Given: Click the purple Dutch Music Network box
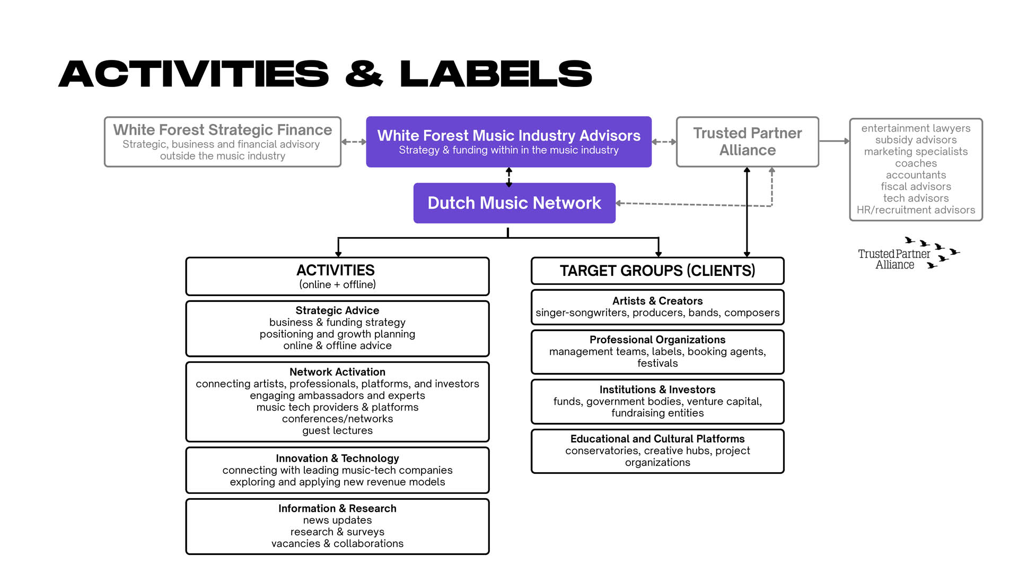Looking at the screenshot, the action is pyautogui.click(x=514, y=203).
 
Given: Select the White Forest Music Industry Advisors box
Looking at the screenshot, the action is pyautogui.click(x=508, y=142).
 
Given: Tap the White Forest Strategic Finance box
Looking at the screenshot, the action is pyautogui.click(x=223, y=142).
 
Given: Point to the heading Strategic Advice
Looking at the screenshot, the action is pyautogui.click(x=337, y=310).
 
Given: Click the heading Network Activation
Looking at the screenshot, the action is pyautogui.click(x=337, y=372).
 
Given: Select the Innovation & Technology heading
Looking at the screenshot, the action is pyautogui.click(x=337, y=458).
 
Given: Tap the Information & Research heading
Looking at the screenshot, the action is pyautogui.click(x=337, y=508).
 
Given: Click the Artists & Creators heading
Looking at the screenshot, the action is pyautogui.click(x=657, y=301).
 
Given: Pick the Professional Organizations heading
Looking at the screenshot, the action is pyautogui.click(x=657, y=340).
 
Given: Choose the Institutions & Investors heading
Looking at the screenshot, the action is pyautogui.click(x=657, y=389).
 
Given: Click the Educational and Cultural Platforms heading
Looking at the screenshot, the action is pyautogui.click(x=657, y=439).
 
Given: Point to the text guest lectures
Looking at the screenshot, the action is pyautogui.click(x=337, y=431).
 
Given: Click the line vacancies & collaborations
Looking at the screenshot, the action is pyautogui.click(x=337, y=544).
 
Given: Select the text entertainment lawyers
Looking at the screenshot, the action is pyautogui.click(x=916, y=128).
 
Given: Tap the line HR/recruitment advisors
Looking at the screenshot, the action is pyautogui.click(x=916, y=210).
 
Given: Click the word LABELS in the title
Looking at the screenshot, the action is pyautogui.click(x=496, y=74).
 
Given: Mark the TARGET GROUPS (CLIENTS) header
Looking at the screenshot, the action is pyautogui.click(x=657, y=271).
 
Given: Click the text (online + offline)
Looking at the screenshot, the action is pyautogui.click(x=337, y=284).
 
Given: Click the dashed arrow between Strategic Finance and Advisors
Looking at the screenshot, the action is pyautogui.click(x=354, y=142).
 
